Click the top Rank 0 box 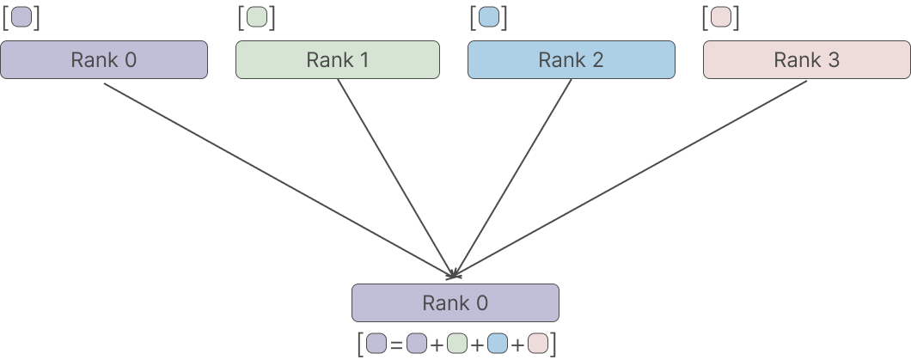pos(104,59)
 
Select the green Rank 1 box pos(338,59)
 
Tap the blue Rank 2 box pos(572,59)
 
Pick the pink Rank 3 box pos(807,59)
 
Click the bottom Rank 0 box pos(455,302)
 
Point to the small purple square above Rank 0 pos(21,17)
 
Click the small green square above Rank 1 pos(257,17)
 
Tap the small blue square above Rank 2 pos(489,17)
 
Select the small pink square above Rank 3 pos(722,17)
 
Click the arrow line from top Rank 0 pos(278,180)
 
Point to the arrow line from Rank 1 pos(395,178)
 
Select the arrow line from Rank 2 pos(512,178)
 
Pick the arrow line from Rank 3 pos(630,180)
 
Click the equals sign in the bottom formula pos(396,345)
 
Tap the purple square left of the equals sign pos(376,343)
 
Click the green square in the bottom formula pos(457,343)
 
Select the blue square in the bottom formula pos(498,343)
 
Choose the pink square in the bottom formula pos(538,343)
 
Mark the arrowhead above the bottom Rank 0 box pos(454,275)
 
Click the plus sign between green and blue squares pos(477,345)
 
